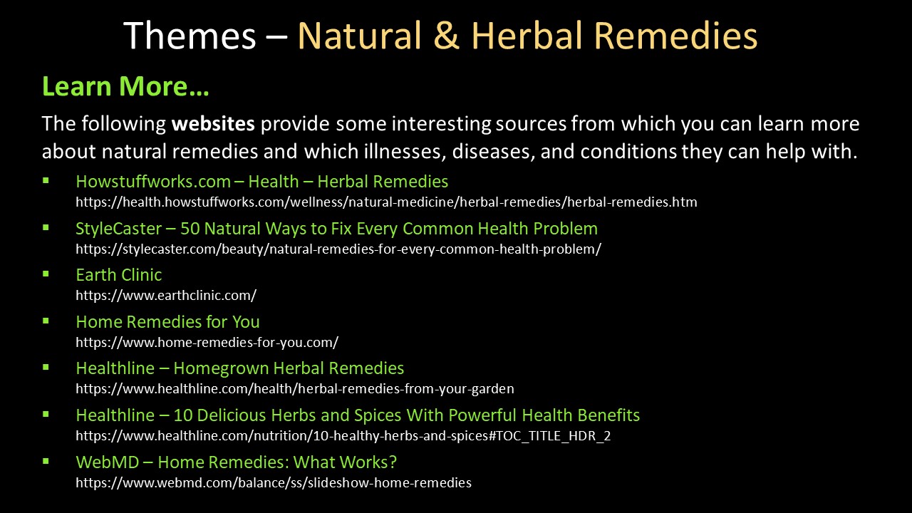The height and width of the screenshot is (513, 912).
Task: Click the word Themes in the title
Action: (190, 36)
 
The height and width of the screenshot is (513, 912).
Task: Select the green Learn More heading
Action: (125, 86)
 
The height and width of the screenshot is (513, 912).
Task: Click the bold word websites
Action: (213, 123)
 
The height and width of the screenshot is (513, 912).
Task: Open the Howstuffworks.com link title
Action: (261, 182)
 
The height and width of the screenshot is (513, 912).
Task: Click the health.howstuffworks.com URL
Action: (386, 202)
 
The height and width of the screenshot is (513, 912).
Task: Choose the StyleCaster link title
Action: (337, 229)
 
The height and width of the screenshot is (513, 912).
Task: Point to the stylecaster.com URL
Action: (338, 249)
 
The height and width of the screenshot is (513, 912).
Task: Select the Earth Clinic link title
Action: (119, 275)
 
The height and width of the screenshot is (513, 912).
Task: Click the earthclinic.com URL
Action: (166, 295)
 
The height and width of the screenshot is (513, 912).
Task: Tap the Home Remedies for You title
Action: (167, 321)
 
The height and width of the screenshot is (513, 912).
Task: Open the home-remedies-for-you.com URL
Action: (207, 342)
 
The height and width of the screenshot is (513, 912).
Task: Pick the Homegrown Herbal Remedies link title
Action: (240, 368)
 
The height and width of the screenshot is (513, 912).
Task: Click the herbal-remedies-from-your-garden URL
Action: (295, 389)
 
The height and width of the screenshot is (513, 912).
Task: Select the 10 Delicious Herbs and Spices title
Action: (358, 415)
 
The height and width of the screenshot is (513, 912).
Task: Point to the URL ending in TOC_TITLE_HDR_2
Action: (343, 435)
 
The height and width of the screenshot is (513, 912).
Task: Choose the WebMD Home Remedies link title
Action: (236, 462)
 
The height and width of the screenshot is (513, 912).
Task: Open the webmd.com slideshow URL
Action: (274, 482)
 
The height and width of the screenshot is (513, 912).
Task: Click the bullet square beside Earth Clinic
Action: (46, 274)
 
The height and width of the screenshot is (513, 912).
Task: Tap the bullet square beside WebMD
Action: (46, 462)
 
